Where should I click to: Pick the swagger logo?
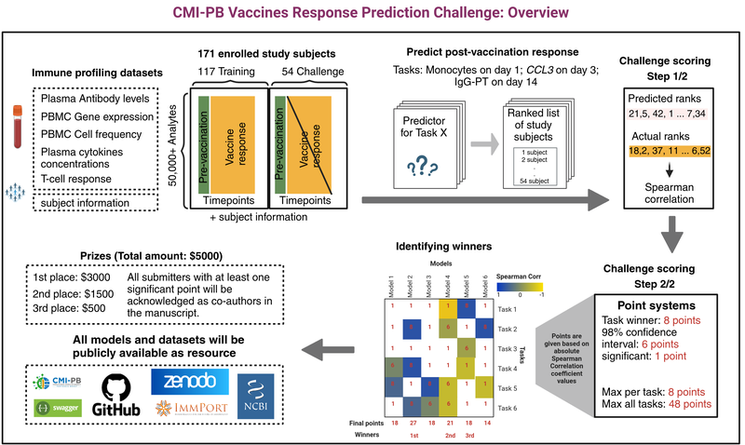[55, 408]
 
